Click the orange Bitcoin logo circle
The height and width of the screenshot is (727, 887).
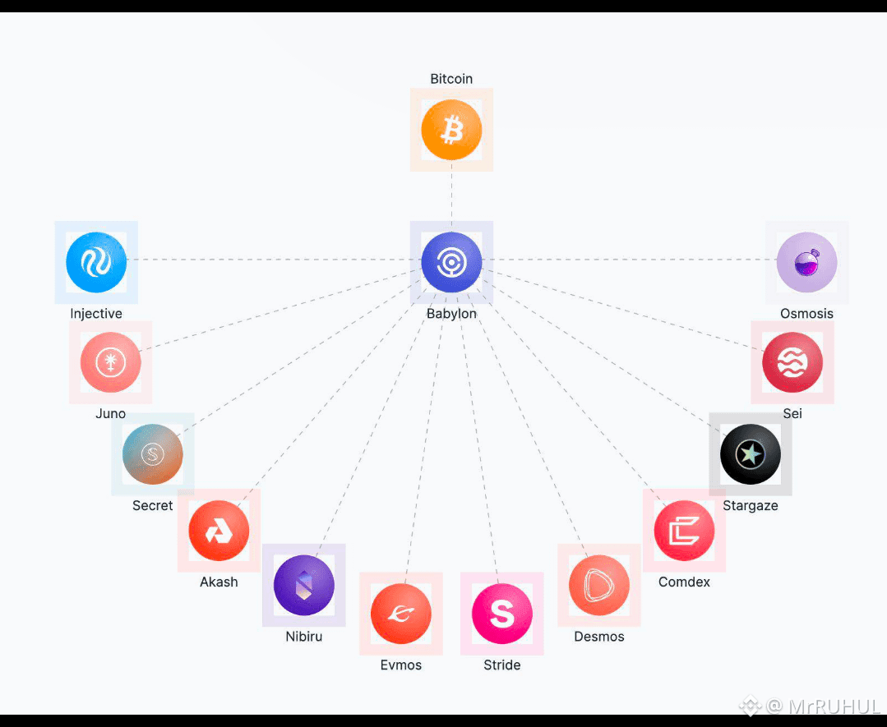(x=451, y=130)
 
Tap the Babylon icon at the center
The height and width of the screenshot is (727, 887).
(x=451, y=262)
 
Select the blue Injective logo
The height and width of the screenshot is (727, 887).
(x=96, y=262)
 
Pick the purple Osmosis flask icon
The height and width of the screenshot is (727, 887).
(x=806, y=262)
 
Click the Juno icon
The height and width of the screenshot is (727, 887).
(x=110, y=362)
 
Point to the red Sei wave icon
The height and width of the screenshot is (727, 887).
(x=792, y=362)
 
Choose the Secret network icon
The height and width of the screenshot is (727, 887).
(x=152, y=454)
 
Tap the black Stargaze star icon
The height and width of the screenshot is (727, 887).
(x=750, y=454)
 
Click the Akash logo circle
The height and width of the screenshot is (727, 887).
(x=219, y=531)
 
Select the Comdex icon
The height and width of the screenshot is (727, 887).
(x=684, y=531)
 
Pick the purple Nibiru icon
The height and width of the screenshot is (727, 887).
(x=304, y=585)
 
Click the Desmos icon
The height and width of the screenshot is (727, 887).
(x=599, y=585)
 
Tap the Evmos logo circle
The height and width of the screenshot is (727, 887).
(x=401, y=614)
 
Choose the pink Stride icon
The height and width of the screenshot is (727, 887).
(x=501, y=614)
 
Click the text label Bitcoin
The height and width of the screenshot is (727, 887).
(x=451, y=79)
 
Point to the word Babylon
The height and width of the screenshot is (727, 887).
(x=451, y=314)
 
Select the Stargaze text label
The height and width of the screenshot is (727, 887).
(x=750, y=505)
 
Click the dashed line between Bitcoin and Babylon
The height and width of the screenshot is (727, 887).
(x=451, y=196)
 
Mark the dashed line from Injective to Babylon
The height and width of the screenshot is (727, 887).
(x=274, y=260)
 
